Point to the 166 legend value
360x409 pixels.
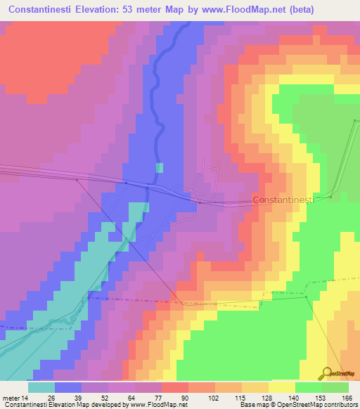click(x=347, y=398)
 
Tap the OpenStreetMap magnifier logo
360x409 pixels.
click(x=327, y=374)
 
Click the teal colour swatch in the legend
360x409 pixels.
click(x=41, y=387)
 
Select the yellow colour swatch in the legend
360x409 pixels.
click(x=282, y=387)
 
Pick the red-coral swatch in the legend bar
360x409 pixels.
click(x=174, y=387)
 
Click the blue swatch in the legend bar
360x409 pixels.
click(x=68, y=387)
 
